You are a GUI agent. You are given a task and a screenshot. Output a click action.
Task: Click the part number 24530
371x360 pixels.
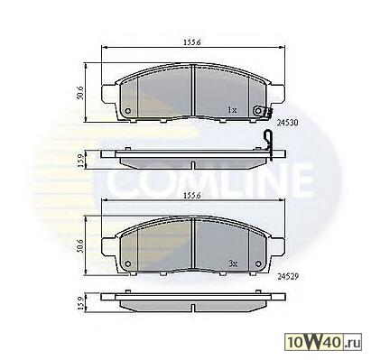(287, 123)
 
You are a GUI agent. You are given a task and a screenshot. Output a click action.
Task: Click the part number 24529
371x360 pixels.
(287, 276)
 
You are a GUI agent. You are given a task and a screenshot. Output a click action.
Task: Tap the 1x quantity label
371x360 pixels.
(232, 110)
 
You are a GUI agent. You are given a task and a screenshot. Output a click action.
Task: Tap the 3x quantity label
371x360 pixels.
(233, 263)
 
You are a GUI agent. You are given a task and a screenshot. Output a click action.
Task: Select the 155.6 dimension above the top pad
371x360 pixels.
(192, 42)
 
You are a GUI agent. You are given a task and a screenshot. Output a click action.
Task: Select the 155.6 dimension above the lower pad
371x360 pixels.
(192, 196)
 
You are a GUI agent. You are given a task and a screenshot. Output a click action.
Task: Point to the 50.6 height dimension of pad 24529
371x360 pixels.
(80, 246)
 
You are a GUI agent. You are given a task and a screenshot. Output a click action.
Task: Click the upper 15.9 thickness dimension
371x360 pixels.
(80, 161)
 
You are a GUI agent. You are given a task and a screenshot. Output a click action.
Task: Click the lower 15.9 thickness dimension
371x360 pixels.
(80, 303)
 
